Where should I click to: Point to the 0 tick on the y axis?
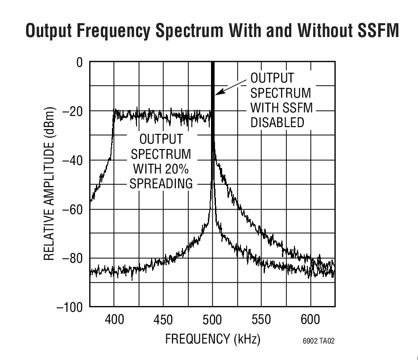(79, 62)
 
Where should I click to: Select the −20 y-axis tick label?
(72, 111)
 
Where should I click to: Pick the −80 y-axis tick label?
(72, 258)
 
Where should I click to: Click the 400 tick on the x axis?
(114, 319)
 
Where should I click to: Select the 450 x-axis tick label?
(163, 319)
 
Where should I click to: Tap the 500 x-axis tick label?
(212, 319)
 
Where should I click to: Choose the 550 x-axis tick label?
(261, 319)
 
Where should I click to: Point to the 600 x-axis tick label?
(310, 319)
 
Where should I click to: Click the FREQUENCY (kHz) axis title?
(212, 339)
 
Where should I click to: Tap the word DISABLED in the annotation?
(277, 122)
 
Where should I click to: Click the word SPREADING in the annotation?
(161, 183)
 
